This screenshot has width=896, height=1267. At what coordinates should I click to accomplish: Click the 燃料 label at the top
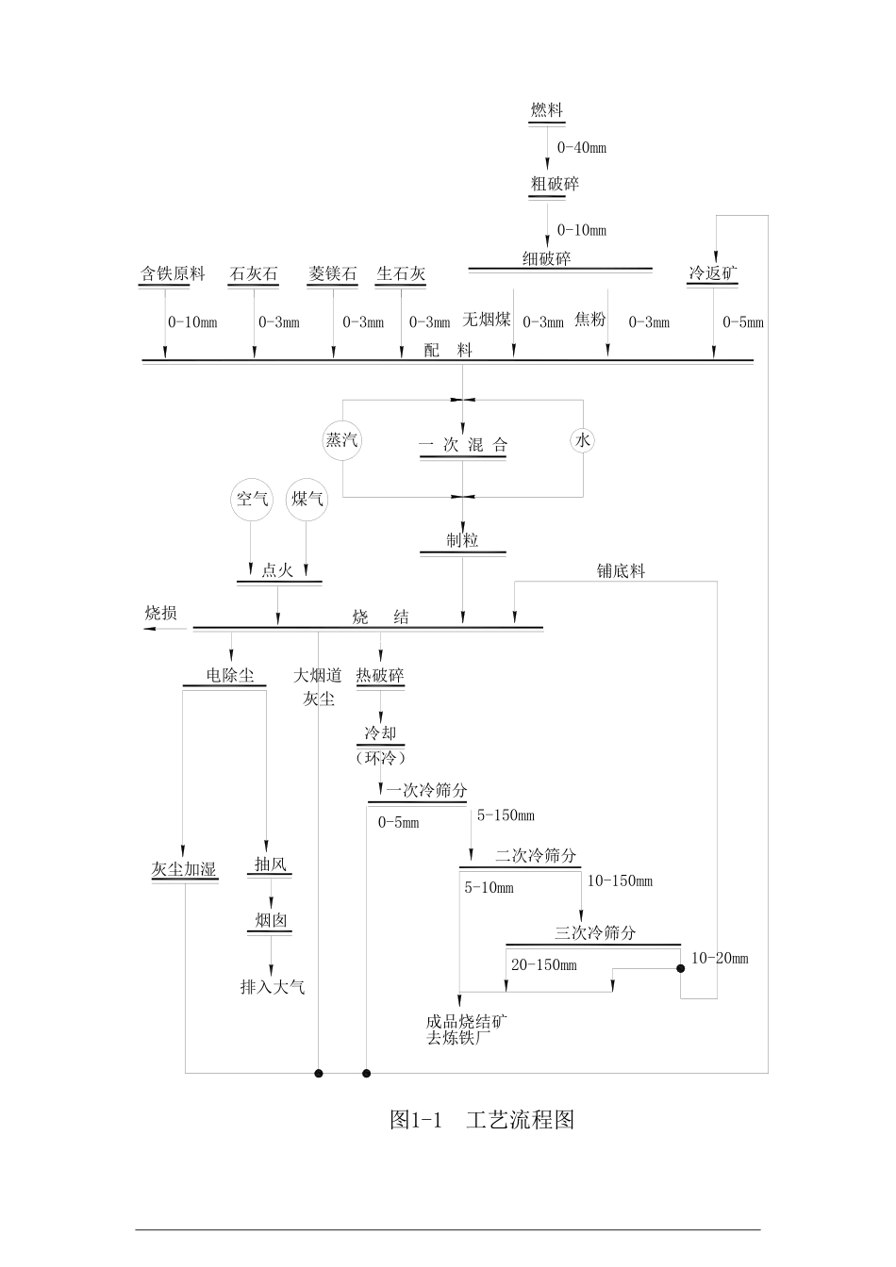[x=546, y=110]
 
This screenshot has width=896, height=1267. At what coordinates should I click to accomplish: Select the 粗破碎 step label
[x=555, y=184]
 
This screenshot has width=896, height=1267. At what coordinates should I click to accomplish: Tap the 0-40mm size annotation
[x=581, y=147]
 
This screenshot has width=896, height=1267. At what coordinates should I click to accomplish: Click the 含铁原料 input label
[x=173, y=274]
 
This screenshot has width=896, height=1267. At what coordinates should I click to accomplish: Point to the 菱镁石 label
[x=333, y=274]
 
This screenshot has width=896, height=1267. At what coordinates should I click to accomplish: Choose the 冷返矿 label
[x=712, y=274]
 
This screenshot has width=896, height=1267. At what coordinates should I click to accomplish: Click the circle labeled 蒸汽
[x=341, y=440]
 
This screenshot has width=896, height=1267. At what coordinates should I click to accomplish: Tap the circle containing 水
[x=583, y=440]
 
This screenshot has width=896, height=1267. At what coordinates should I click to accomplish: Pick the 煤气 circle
[x=307, y=499]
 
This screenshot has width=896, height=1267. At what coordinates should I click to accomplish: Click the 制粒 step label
[x=462, y=540]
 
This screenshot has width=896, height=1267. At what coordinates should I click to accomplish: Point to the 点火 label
[x=277, y=570]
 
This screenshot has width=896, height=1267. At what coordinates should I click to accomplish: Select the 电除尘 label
[x=230, y=676]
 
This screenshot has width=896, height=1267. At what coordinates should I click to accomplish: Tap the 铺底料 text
[x=621, y=571]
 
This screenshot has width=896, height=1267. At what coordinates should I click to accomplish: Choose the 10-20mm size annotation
[x=720, y=958]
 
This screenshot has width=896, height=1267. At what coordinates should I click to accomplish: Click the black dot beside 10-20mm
[x=680, y=968]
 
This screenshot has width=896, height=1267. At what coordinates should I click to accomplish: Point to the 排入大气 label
[x=273, y=987]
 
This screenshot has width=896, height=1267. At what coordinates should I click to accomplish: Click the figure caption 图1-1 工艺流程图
[x=481, y=1120]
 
